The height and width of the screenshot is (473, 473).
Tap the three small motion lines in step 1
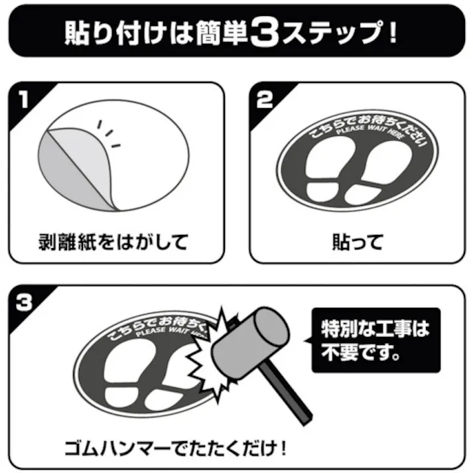pos(110,133)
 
